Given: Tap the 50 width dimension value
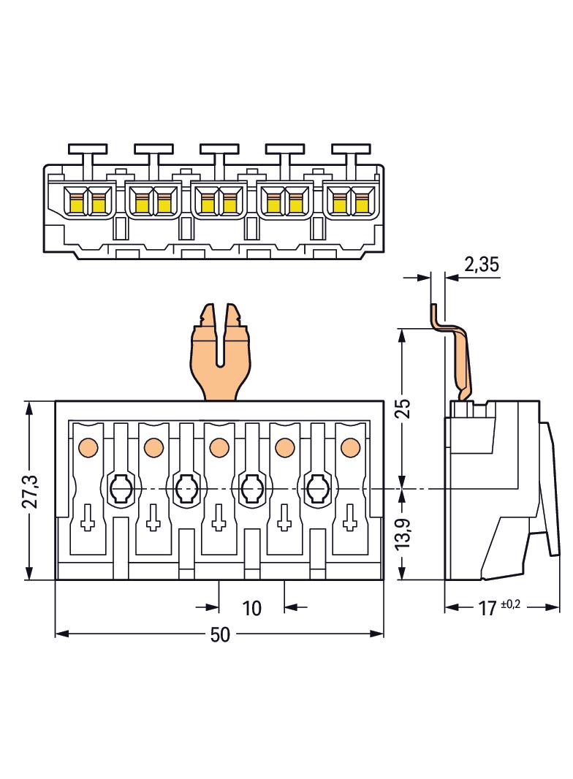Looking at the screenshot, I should [x=219, y=635].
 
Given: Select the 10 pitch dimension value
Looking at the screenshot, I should [x=251, y=607].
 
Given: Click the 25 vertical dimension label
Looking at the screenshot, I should [x=403, y=407].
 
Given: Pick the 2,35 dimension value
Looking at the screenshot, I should [x=481, y=265].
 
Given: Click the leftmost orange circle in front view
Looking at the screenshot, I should [x=87, y=445].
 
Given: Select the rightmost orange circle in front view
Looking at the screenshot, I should [x=350, y=445].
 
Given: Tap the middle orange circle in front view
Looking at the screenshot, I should [x=219, y=445].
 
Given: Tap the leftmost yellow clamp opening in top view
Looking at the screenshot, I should [x=76, y=202].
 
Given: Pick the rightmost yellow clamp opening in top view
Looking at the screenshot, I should [x=362, y=202].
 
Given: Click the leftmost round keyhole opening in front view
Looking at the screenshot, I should [x=120, y=486].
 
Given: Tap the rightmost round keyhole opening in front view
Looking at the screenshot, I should [x=317, y=486].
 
